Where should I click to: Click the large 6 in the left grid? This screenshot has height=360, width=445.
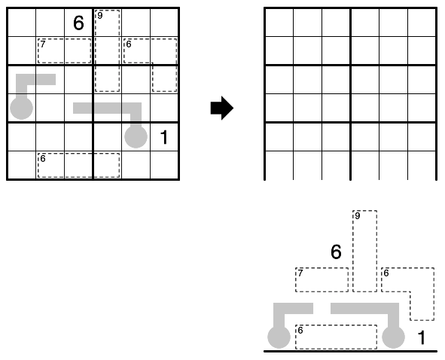(78, 23)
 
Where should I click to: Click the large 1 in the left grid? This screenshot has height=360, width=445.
(164, 137)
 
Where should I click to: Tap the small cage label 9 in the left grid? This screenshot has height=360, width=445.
(99, 15)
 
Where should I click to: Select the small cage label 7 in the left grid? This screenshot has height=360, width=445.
(43, 44)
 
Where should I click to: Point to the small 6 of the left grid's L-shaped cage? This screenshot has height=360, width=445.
(129, 44)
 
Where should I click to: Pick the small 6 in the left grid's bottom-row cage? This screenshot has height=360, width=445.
(43, 158)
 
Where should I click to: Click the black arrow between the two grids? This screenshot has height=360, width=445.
(222, 108)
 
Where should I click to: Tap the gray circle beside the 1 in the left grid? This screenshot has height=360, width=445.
(136, 136)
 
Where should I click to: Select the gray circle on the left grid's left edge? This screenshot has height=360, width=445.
(22, 108)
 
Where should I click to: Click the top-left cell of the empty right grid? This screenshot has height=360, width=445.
(279, 23)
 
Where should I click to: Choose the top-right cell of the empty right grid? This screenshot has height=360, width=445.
(422, 23)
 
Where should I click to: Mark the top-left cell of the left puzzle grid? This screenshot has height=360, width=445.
(22, 23)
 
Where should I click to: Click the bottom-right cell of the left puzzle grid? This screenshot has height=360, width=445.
(164, 165)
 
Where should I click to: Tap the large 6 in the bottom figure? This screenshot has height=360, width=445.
(337, 252)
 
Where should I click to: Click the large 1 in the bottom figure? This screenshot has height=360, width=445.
(422, 337)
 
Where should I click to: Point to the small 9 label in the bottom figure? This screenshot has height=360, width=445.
(358, 215)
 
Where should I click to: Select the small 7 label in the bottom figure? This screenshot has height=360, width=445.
(300, 273)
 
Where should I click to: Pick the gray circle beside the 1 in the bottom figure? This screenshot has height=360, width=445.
(393, 337)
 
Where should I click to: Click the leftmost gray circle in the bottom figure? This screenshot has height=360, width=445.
(279, 337)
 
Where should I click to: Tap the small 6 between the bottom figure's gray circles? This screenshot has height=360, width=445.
(300, 330)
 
